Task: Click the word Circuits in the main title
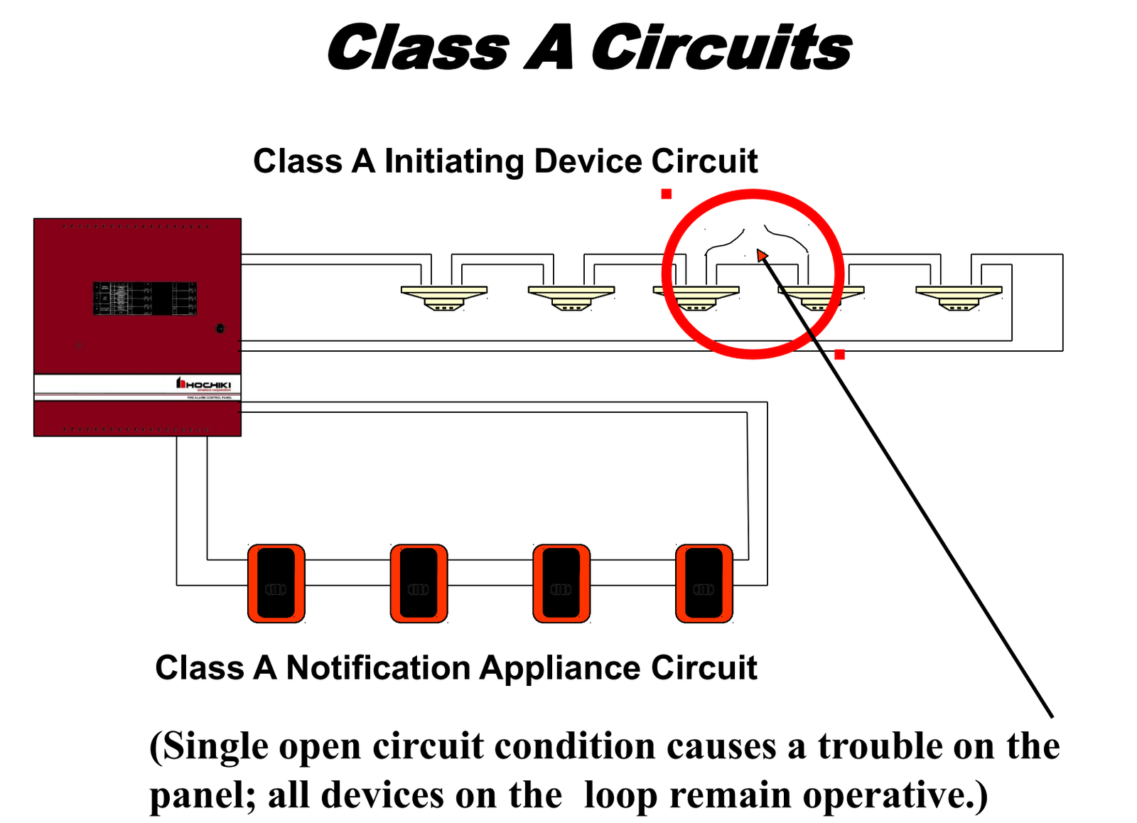point(721,48)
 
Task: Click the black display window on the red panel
point(145,298)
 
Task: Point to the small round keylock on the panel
point(220,328)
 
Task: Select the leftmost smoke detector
point(444,297)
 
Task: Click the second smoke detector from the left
point(571,297)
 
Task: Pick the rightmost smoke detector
point(959,297)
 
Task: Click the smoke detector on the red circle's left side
point(696,297)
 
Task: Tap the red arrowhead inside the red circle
point(762,254)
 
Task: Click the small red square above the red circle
point(667,193)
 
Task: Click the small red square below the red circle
point(839,354)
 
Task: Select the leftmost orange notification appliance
point(276,583)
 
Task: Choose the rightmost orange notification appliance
point(704,583)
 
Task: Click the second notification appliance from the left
point(419,583)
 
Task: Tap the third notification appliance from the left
point(561,583)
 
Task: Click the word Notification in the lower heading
point(378,668)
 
